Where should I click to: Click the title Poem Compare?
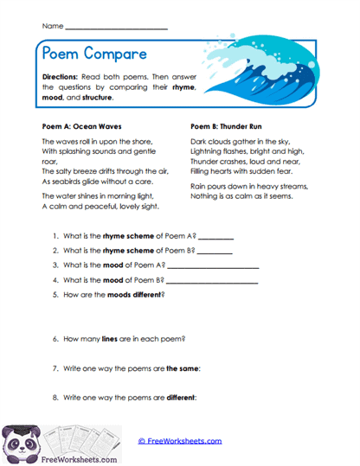coord(95,54)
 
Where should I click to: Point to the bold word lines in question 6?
coord(114,339)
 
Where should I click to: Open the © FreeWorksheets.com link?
coord(180,440)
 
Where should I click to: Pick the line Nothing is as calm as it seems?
coord(243,196)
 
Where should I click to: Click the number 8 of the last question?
coord(55,398)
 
